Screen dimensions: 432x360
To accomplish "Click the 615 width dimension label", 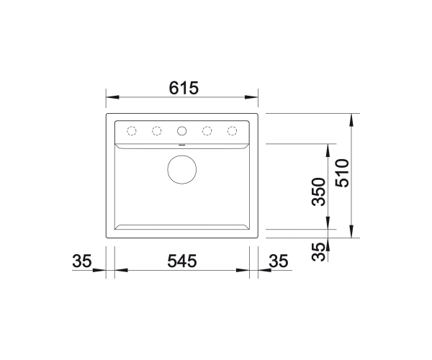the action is [x=184, y=88].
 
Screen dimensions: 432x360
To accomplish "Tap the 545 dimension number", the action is [x=182, y=261].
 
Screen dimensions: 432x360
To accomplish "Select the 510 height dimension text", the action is [x=343, y=173].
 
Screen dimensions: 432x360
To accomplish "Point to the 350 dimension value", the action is [x=318, y=192].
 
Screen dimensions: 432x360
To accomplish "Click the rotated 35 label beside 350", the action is [x=318, y=251].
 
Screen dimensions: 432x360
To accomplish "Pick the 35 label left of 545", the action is [x=81, y=261].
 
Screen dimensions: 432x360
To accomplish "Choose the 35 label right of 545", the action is [x=279, y=261].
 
